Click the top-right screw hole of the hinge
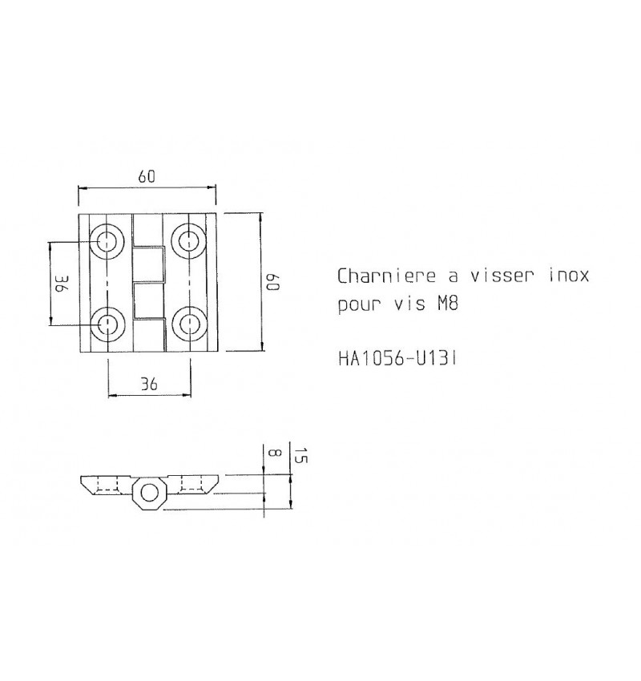coord(190,240)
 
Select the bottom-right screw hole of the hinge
coord(190,324)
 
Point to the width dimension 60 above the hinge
coord(146,178)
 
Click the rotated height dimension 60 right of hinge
coord(272,282)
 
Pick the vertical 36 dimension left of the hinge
coord(59,282)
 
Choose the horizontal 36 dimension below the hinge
coord(148,385)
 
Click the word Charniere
coord(386,276)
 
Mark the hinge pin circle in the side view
coord(148,493)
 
